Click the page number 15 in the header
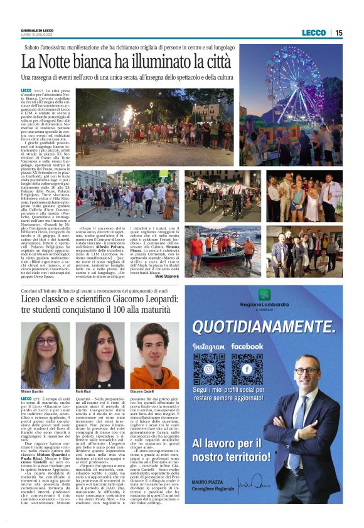(339, 33)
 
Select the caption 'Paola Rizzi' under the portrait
(85, 391)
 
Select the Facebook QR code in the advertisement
(247, 369)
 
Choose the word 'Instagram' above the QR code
(208, 346)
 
